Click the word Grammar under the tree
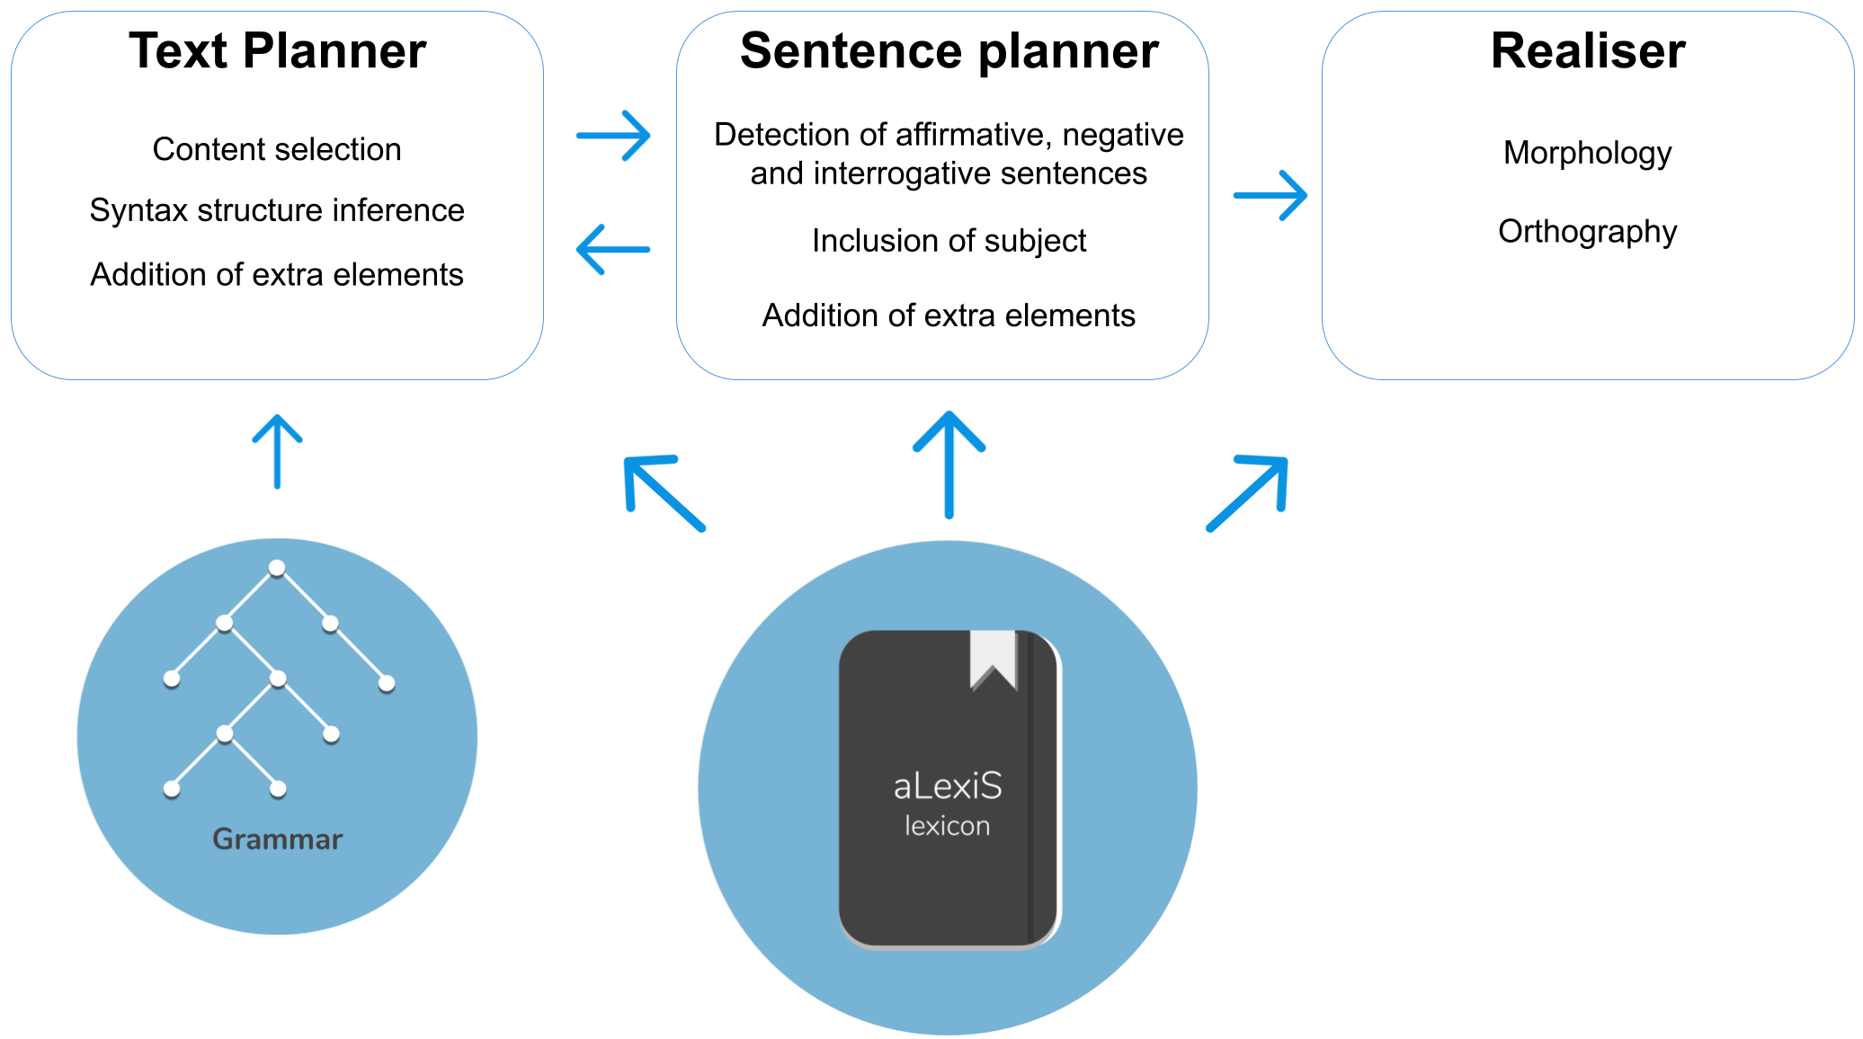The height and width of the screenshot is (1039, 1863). click(x=277, y=839)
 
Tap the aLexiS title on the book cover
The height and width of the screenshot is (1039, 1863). click(x=947, y=786)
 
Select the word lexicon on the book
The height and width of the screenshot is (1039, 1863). click(x=947, y=826)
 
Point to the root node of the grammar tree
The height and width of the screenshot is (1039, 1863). click(x=277, y=568)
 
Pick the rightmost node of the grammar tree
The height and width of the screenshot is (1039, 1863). click(x=387, y=684)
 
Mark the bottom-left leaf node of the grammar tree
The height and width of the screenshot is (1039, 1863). click(x=172, y=789)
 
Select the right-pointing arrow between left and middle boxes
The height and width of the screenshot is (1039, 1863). click(x=614, y=136)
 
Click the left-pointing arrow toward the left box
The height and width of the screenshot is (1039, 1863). click(x=613, y=249)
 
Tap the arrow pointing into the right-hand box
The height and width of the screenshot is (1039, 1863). click(x=1270, y=195)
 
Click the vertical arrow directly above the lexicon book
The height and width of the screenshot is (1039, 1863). click(x=949, y=464)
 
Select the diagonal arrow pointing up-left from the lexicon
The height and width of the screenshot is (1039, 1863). click(x=664, y=493)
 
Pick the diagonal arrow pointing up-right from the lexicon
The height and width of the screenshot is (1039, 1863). click(x=1248, y=493)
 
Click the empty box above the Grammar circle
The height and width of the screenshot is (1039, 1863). click(x=277, y=195)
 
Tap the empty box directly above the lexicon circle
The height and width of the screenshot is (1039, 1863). click(x=942, y=195)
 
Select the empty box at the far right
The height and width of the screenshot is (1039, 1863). click(x=1588, y=195)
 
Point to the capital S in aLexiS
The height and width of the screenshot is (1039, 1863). click(x=991, y=786)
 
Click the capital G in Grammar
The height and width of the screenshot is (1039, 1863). click(x=223, y=839)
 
